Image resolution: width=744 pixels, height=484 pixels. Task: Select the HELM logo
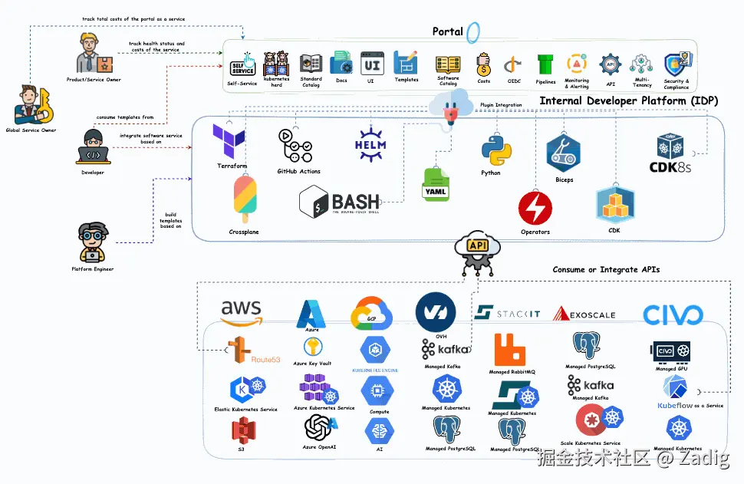[x=370, y=143]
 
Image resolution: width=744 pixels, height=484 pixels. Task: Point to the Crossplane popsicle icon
[x=244, y=199]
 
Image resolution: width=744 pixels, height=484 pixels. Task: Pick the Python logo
[x=491, y=149]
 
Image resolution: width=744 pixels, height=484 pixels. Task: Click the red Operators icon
[x=535, y=208]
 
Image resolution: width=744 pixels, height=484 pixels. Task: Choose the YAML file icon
[x=436, y=185]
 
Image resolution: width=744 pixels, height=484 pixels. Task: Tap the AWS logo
[x=242, y=311]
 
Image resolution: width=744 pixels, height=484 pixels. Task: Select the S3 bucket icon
[x=242, y=432]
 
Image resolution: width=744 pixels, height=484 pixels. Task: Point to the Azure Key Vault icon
[x=311, y=347]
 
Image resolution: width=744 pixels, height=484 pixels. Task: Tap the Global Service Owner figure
[x=31, y=106]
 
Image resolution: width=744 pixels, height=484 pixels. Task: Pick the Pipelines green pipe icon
[x=545, y=64]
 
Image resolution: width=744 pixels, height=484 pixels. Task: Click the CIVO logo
[x=673, y=314]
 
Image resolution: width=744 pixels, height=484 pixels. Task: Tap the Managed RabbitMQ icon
[x=510, y=350]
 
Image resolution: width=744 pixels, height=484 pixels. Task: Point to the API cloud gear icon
[x=477, y=252]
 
